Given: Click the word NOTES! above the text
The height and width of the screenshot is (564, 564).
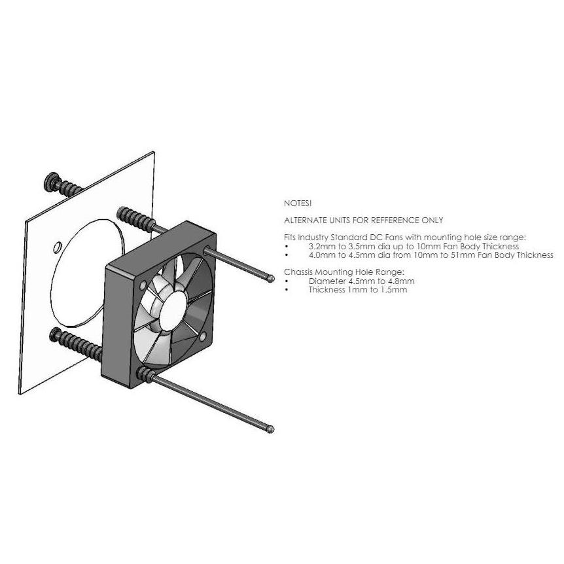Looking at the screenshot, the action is (298, 203).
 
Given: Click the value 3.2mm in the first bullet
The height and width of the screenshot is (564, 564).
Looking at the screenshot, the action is (320, 247).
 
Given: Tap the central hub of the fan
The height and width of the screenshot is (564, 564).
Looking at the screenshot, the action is (173, 309).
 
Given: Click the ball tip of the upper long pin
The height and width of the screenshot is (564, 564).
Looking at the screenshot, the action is (272, 279).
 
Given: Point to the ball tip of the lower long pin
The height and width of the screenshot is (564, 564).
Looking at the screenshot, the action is (271, 429).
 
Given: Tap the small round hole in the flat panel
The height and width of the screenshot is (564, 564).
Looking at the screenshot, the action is (57, 247).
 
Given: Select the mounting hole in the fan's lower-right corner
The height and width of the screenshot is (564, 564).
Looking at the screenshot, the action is (203, 337).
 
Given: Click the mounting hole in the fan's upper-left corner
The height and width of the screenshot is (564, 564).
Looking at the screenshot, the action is (143, 285).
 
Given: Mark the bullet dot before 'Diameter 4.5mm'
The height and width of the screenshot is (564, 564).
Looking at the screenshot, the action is (287, 281).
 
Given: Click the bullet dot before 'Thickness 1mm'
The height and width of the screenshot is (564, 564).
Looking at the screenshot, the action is (287, 290).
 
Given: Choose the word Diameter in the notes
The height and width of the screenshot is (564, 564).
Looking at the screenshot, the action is (325, 281).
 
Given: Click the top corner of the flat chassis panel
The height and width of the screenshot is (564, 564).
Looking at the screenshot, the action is (154, 152).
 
